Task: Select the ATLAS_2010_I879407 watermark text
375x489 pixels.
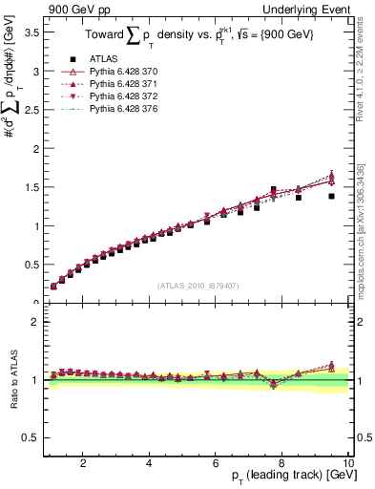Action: (x=197, y=286)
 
